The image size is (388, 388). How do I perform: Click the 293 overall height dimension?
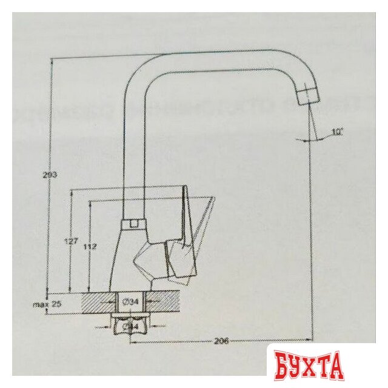[x=50, y=175]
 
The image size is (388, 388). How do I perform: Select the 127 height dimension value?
[x=71, y=241]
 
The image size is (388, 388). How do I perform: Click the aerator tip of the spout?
[x=308, y=95]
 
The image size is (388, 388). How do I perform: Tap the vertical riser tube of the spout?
[x=133, y=158]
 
